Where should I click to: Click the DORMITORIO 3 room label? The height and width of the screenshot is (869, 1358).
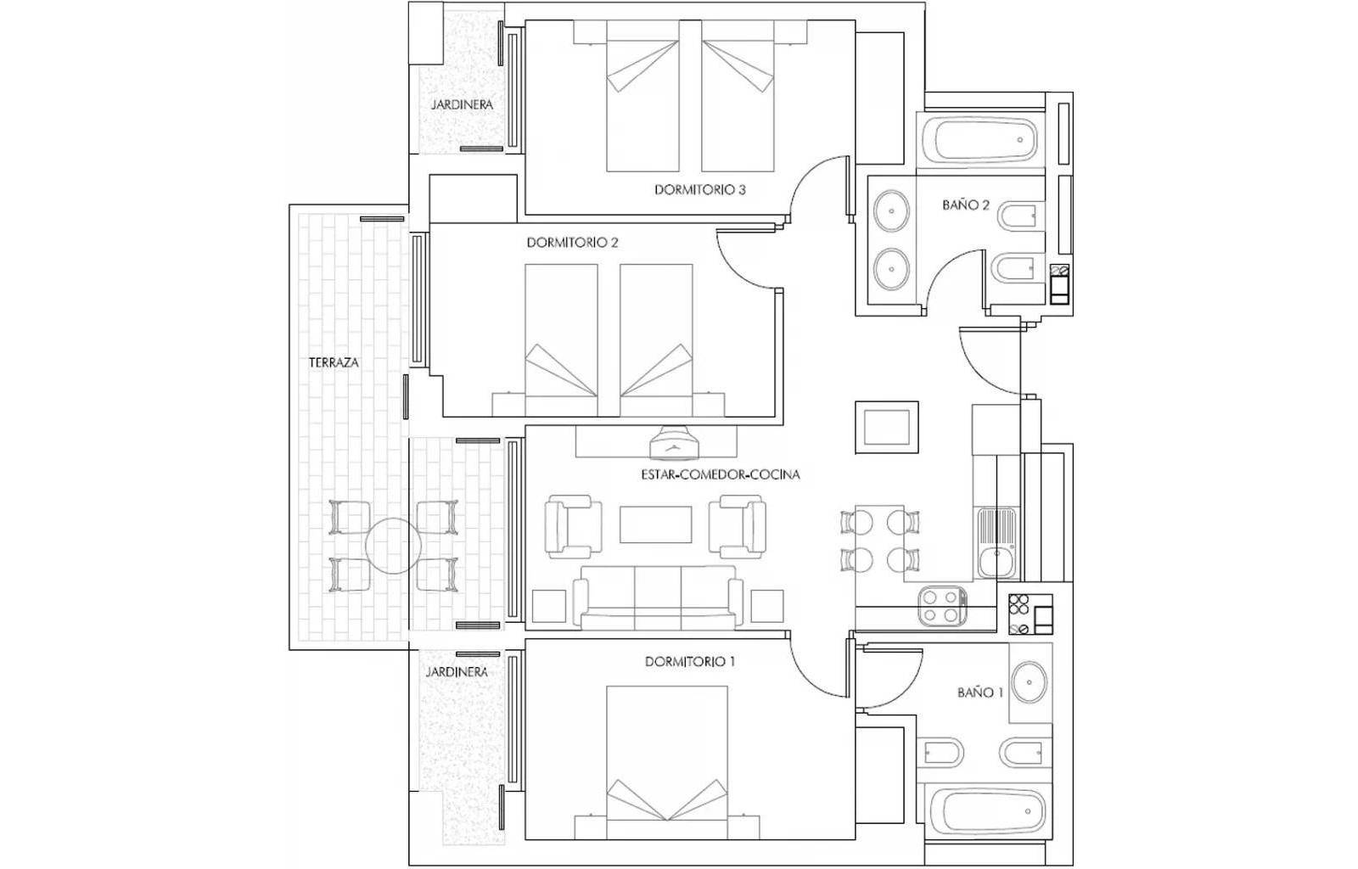point(699,190)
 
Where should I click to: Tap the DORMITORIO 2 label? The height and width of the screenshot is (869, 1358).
point(572,243)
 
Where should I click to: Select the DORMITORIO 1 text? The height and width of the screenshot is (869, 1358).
point(690,662)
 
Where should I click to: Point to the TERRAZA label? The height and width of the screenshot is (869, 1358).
point(334,362)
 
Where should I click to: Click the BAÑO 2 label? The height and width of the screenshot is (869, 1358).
point(966,205)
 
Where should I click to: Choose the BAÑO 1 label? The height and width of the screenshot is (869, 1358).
point(980,692)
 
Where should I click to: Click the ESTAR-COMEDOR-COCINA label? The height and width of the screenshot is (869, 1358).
point(721,474)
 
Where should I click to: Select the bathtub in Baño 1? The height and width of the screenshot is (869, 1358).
point(987,810)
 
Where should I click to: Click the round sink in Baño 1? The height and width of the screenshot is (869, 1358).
point(1030,682)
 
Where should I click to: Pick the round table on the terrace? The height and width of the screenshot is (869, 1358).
point(394,546)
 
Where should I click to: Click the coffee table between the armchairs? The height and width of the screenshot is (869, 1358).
point(655,524)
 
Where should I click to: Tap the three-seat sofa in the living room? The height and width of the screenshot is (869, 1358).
point(658,597)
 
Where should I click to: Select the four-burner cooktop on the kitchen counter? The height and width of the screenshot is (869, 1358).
point(942,606)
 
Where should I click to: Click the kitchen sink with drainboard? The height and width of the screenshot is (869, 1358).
point(996,543)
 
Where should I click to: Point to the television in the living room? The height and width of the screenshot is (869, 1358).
point(675,442)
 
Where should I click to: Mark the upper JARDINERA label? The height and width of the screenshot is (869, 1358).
point(462,104)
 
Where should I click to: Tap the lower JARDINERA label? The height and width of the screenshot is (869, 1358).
point(457,672)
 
